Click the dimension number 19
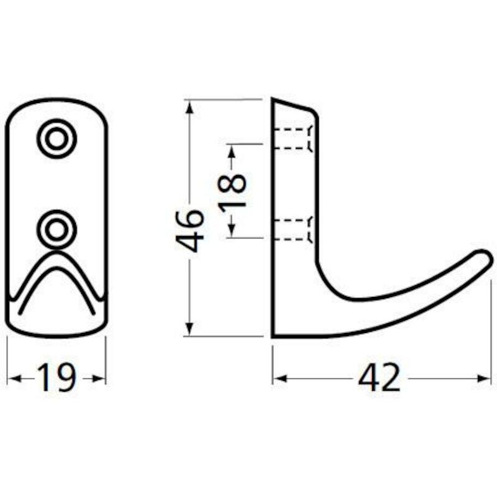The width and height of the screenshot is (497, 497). point(57,378)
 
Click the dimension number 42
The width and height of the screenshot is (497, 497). point(379,378)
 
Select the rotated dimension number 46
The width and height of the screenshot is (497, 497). point(189,230)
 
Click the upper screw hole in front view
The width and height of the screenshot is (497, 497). point(57,139)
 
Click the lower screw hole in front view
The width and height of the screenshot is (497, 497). point(57,229)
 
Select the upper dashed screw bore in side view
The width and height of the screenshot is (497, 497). point(293,139)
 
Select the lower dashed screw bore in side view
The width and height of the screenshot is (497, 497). point(293,229)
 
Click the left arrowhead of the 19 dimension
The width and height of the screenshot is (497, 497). point(14,378)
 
